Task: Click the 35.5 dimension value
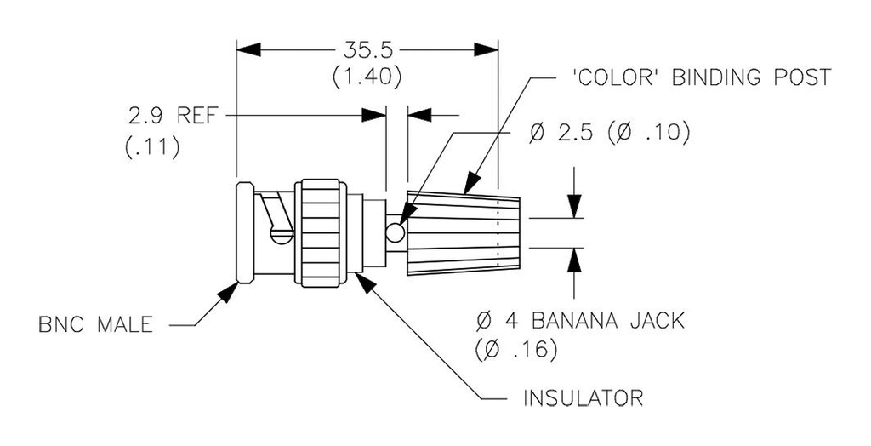coord(367,50)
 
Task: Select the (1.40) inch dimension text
coord(367,77)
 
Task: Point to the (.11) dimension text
coord(151,147)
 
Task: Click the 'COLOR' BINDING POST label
coord(697,78)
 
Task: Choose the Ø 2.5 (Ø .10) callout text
coord(607,134)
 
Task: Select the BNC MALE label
coord(96,325)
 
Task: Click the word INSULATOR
coord(582,397)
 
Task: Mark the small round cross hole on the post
coord(395,232)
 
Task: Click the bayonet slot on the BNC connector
coord(276,218)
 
